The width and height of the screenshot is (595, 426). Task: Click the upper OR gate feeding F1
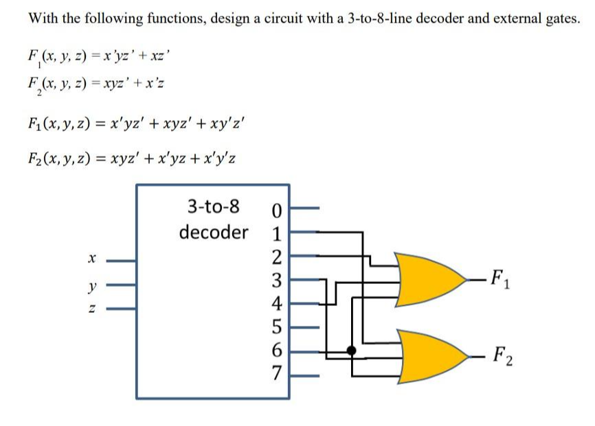(x=429, y=281)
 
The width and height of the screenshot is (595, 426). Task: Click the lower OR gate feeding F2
(x=429, y=358)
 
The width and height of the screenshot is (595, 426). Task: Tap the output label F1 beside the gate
(x=505, y=281)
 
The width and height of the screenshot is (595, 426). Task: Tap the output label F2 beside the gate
(x=505, y=359)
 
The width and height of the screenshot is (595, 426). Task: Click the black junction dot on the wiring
(x=352, y=351)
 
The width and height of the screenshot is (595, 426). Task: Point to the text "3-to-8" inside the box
(x=213, y=205)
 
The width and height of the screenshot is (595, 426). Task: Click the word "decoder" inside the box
(x=213, y=232)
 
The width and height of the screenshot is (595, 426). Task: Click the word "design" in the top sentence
(x=233, y=19)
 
